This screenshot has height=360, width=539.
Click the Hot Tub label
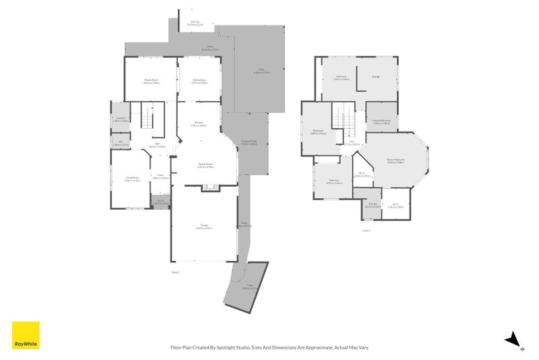click(195, 23)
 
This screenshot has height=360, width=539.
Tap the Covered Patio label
click(249, 142)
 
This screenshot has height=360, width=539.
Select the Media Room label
click(151, 81)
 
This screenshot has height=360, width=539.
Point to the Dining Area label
click(199, 81)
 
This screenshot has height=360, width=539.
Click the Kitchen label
click(198, 123)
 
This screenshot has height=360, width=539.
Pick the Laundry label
click(121, 119)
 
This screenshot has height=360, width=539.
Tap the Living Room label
click(132, 178)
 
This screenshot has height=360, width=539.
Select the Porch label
click(160, 201)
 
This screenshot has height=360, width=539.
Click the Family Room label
click(205, 165)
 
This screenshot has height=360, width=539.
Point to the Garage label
click(203, 227)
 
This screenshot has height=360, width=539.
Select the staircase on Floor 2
click(343, 122)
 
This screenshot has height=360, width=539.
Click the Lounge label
click(375, 76)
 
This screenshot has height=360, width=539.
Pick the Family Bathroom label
click(382, 121)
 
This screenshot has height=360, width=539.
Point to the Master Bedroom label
click(395, 160)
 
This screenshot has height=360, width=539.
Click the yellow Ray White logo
click(26, 335)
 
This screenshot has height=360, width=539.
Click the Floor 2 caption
click(366, 231)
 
